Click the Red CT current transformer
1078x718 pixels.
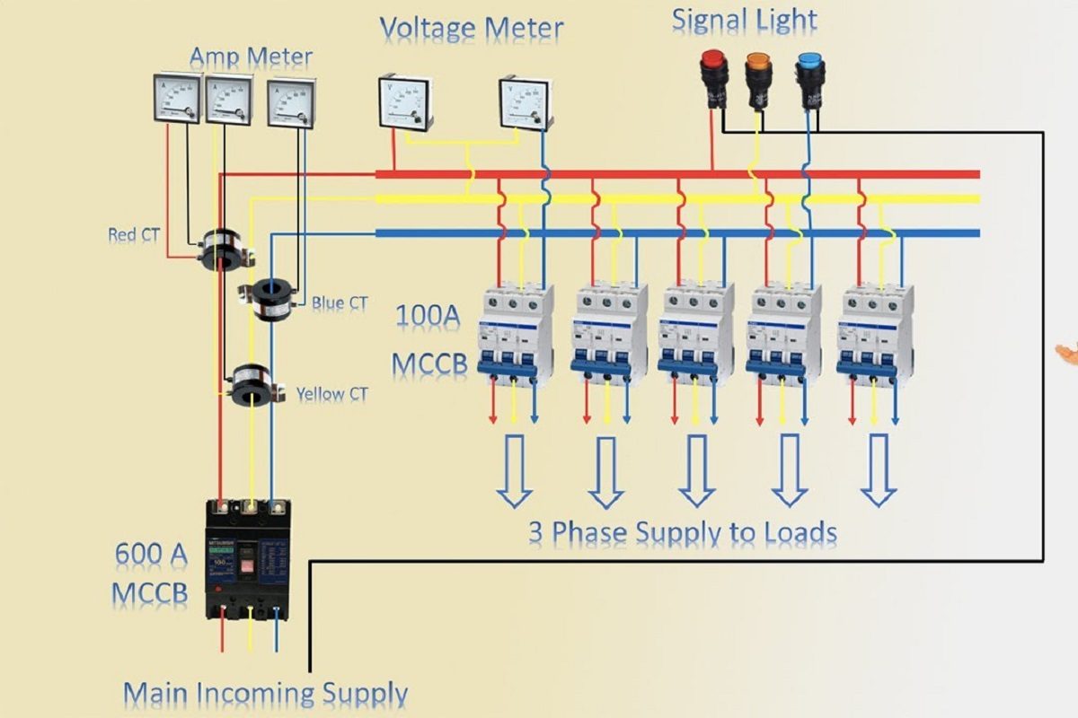(x=220, y=250)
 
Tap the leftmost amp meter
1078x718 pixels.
(x=176, y=100)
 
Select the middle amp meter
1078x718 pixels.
(x=229, y=100)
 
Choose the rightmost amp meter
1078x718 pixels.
(x=291, y=103)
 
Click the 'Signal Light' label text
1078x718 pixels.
(x=745, y=20)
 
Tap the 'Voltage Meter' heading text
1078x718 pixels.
(x=471, y=29)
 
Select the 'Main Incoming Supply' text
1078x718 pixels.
(x=266, y=694)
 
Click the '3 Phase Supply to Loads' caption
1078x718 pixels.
(x=682, y=532)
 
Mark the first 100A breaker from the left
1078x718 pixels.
(x=514, y=333)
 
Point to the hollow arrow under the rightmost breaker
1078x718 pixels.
(x=878, y=469)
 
